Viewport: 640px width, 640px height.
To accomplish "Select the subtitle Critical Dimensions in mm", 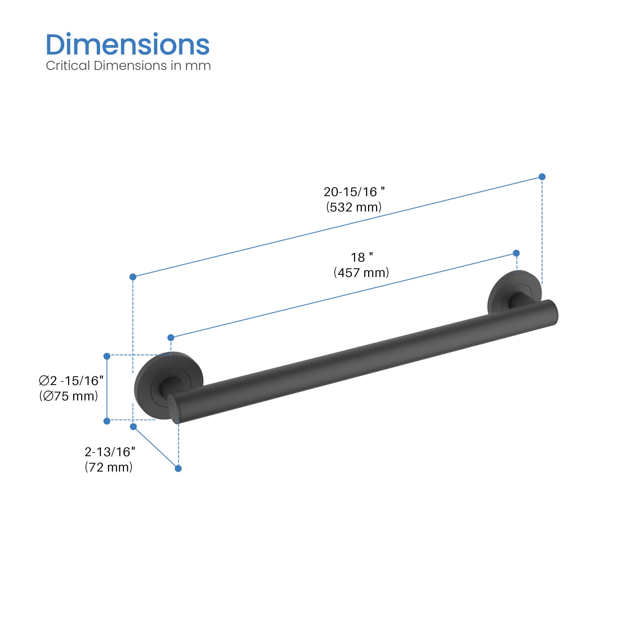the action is pyautogui.click(x=128, y=66).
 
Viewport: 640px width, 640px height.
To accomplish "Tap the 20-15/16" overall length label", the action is pyautogui.click(x=354, y=192).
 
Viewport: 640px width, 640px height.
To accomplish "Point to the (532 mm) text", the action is pyautogui.click(x=354, y=207).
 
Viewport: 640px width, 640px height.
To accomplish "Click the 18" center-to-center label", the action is pyautogui.click(x=362, y=257).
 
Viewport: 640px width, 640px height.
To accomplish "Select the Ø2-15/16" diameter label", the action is pyautogui.click(x=71, y=381).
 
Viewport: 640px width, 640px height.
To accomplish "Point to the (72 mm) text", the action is pyautogui.click(x=109, y=467).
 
